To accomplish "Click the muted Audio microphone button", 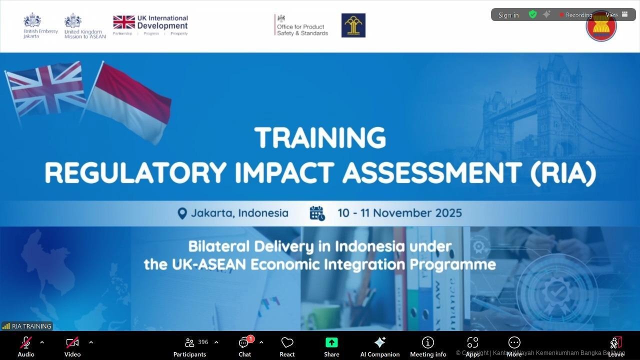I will tap(26, 343).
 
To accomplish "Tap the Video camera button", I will tap(72, 343).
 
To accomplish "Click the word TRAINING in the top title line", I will tap(320, 138).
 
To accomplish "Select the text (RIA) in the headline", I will tap(563, 173).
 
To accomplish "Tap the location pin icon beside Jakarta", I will tap(182, 213).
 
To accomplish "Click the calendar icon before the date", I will tap(317, 213).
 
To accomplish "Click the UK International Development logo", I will tap(150, 25).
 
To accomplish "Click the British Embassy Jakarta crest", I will tap(32, 21).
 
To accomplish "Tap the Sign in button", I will tap(508, 15).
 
